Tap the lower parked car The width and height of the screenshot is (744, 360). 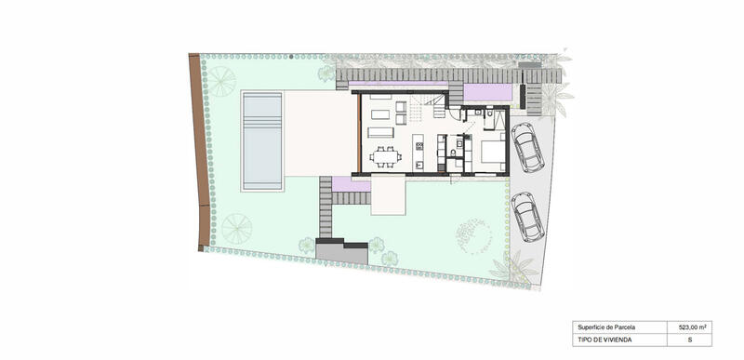pyautogui.click(x=527, y=216)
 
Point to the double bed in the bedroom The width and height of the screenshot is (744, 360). pyautogui.click(x=490, y=151)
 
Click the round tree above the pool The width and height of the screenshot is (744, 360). pyautogui.click(x=221, y=80)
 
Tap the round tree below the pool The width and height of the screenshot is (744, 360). pyautogui.click(x=235, y=226)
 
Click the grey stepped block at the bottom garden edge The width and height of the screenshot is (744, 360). pyautogui.click(x=342, y=249)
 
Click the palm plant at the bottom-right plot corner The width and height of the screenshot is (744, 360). pyautogui.click(x=513, y=267)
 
